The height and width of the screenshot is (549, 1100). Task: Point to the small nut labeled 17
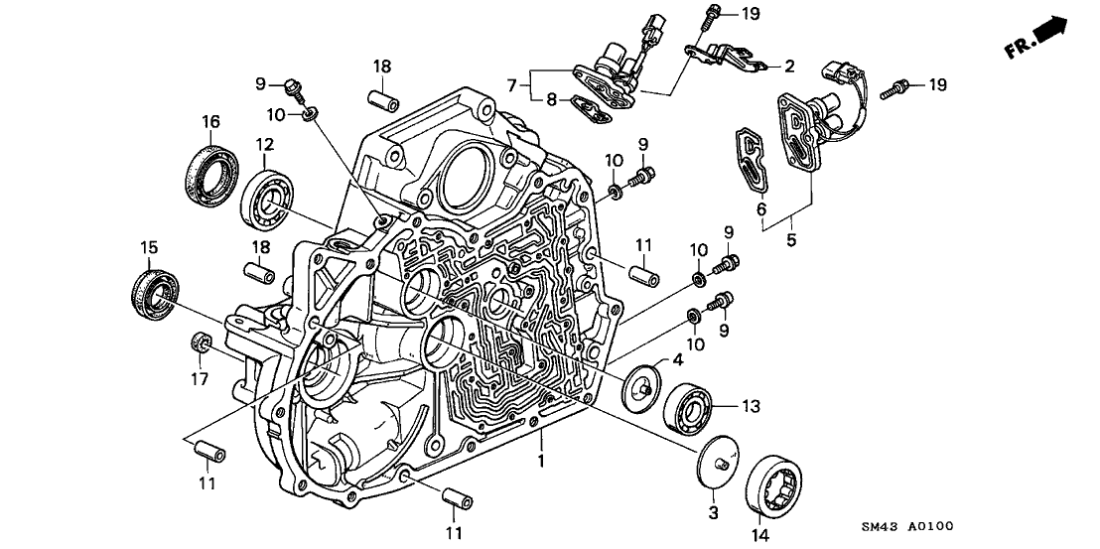click(199, 343)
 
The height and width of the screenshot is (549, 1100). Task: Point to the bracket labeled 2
click(733, 58)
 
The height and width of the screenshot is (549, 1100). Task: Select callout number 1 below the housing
click(541, 462)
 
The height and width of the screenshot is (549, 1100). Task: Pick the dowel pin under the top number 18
click(383, 101)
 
